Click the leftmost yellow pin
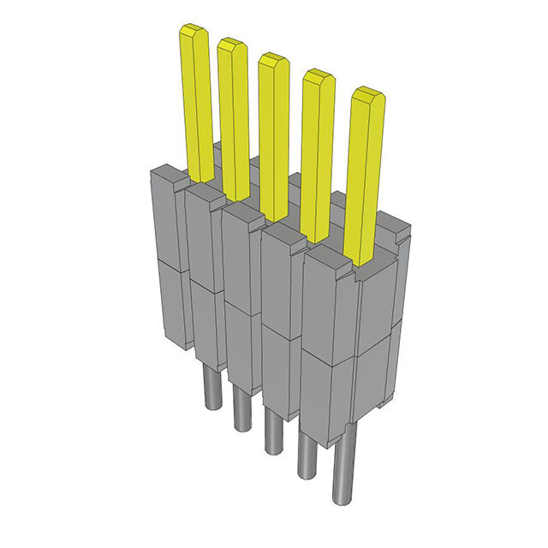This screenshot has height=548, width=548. click(195, 103)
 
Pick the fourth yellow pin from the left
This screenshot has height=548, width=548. click(318, 154)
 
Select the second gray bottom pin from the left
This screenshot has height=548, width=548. click(239, 408)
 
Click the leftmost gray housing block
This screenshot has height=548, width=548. click(167, 257)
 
